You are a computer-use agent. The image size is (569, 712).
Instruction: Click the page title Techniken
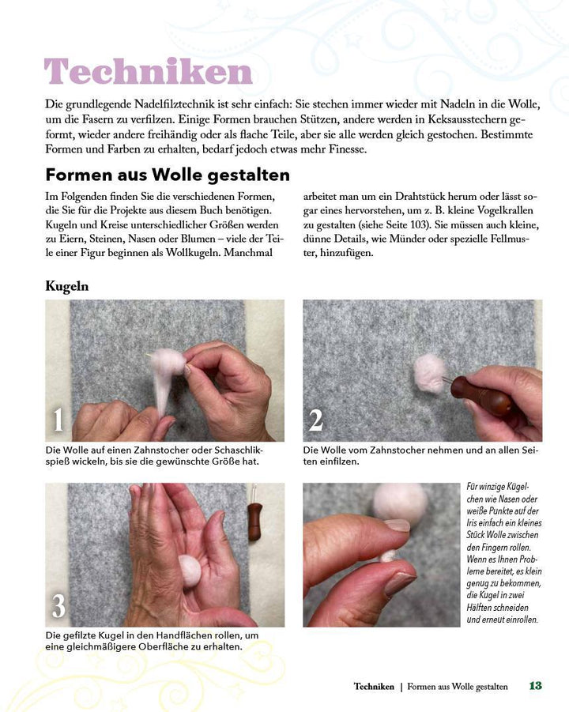pos(149,72)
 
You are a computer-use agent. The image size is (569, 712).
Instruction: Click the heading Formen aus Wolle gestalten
pos(168,175)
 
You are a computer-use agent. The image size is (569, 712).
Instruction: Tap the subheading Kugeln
pos(66,286)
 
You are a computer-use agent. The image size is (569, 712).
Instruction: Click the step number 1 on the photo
pos(58,420)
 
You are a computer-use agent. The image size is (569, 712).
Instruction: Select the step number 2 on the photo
pos(315,420)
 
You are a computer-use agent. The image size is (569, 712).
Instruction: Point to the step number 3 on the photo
pos(58,605)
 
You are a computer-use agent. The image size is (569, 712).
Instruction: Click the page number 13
pos(535,686)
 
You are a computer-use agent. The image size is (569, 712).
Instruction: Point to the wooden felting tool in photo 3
pos(254,522)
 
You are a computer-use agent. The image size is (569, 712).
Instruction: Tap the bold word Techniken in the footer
pos(374,687)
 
